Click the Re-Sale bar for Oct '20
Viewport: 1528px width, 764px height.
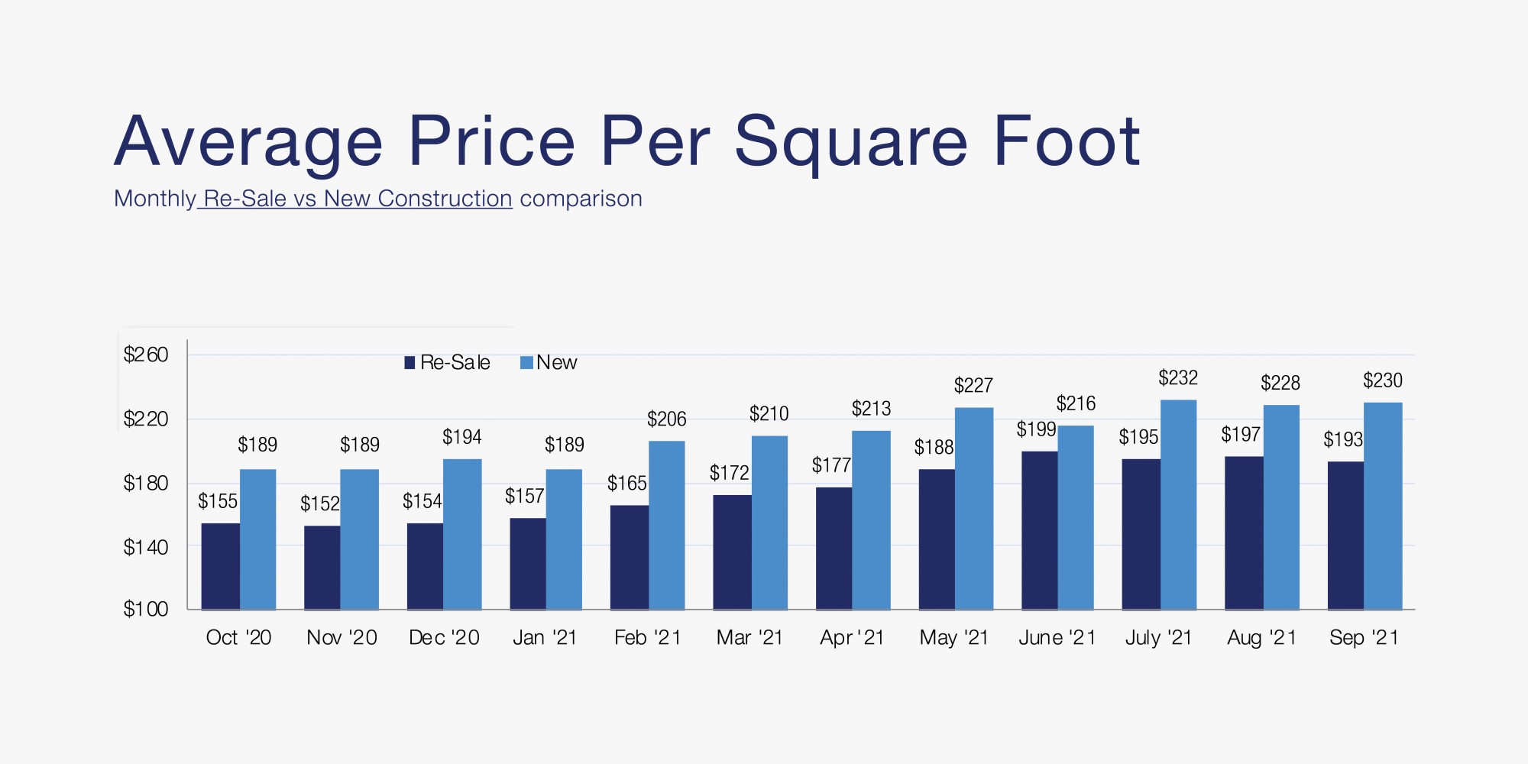220,566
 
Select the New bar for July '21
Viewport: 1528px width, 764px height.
1178,504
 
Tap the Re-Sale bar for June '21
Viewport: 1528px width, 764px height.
1039,530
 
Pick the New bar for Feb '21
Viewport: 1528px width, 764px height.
666,525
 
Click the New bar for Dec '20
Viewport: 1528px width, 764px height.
462,534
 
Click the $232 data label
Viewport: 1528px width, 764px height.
1178,378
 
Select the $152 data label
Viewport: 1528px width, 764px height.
320,503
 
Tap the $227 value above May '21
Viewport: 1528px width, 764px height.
973,386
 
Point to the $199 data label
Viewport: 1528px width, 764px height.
1036,429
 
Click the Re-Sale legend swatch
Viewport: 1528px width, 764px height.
410,362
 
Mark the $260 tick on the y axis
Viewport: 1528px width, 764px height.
146,354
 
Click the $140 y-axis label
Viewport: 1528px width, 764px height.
146,547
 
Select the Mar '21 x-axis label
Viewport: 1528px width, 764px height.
749,637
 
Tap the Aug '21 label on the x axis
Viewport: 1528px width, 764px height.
1261,637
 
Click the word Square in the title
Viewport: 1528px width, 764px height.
851,142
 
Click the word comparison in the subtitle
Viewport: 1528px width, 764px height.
581,199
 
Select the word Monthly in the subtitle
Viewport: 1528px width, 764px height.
155,199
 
